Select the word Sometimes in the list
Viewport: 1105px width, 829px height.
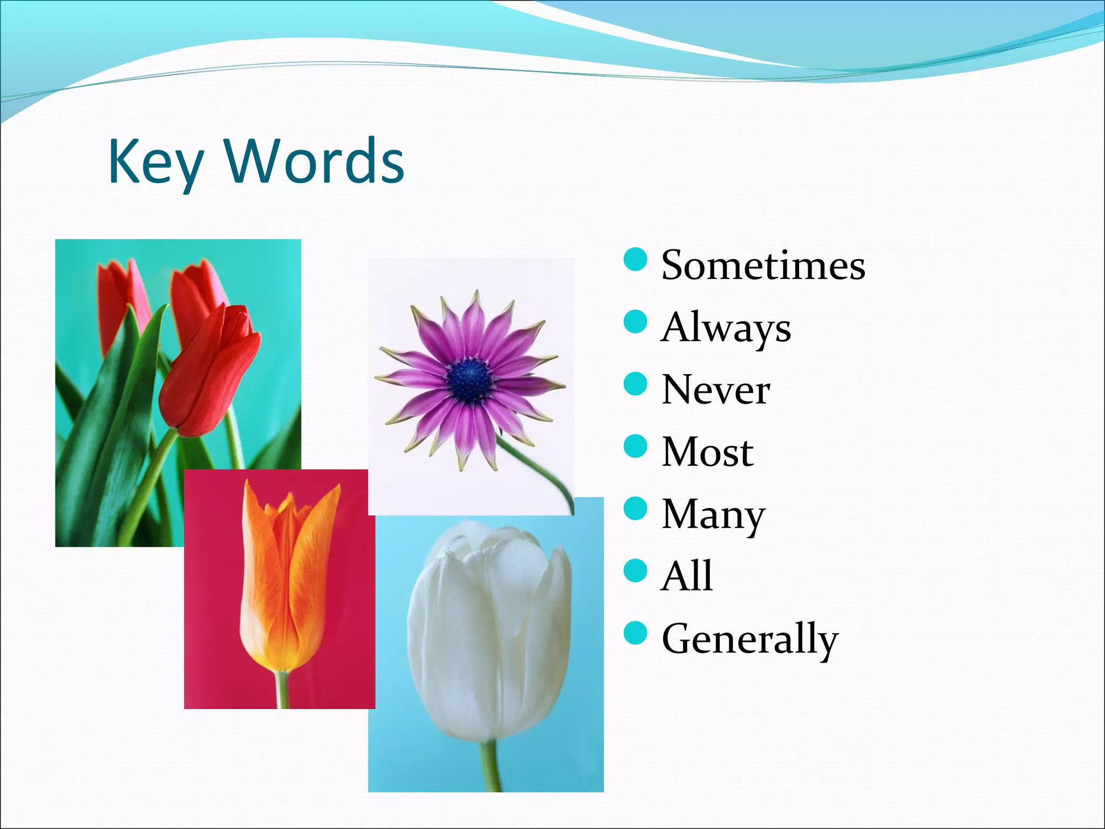pyautogui.click(x=763, y=266)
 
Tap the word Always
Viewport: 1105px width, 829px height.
pyautogui.click(x=726, y=328)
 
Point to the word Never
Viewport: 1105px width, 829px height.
pyautogui.click(x=716, y=390)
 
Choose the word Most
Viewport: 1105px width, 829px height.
pyautogui.click(x=707, y=452)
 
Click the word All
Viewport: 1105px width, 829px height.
pyautogui.click(x=686, y=576)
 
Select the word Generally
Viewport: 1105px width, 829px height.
pyautogui.click(x=750, y=639)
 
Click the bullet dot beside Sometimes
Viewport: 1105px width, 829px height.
pyautogui.click(x=635, y=260)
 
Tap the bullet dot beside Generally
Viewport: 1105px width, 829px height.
pyautogui.click(x=635, y=633)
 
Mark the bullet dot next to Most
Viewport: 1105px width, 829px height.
pyautogui.click(x=635, y=446)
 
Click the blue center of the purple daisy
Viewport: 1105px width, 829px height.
pyautogui.click(x=469, y=379)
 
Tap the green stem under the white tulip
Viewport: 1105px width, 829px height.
pyautogui.click(x=490, y=766)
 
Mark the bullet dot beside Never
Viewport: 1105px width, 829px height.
pyautogui.click(x=635, y=384)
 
